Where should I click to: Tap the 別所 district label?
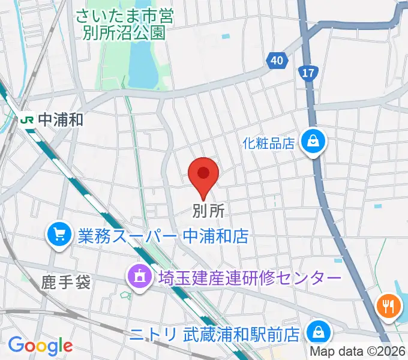click(x=208, y=211)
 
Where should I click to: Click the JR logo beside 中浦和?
click(x=26, y=119)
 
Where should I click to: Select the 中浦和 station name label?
click(x=61, y=119)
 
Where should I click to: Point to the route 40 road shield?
click(x=275, y=61)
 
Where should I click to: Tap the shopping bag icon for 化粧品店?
click(x=314, y=142)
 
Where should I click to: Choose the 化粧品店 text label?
click(x=269, y=143)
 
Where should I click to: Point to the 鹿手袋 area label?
click(x=66, y=281)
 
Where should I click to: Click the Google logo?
click(x=40, y=345)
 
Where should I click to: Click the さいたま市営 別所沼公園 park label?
click(x=124, y=23)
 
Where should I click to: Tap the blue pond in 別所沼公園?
click(x=142, y=63)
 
